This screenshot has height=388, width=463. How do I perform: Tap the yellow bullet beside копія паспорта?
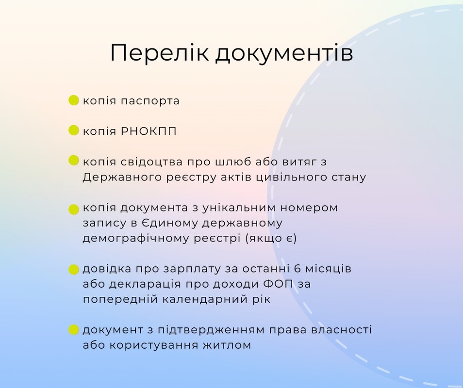[73, 100]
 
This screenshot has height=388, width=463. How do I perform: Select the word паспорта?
[150, 101]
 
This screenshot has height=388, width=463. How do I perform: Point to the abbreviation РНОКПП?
[149, 131]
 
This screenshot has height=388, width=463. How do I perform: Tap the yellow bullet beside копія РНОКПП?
[73, 130]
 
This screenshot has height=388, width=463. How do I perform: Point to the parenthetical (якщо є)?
[271, 239]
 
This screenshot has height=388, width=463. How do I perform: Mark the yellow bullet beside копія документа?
[73, 210]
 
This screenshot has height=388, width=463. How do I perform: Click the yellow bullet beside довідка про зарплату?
[73, 269]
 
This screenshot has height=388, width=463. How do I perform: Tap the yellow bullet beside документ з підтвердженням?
[73, 330]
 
